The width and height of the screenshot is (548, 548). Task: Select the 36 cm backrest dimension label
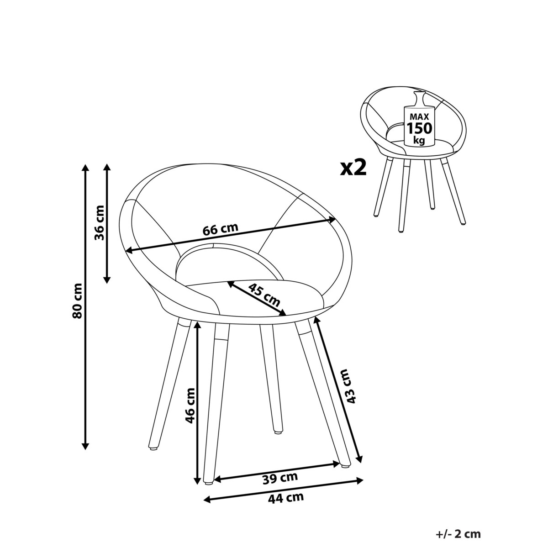click(x=99, y=223)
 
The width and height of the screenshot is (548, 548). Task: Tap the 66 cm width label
click(x=221, y=230)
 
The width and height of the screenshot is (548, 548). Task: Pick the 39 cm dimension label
click(x=280, y=478)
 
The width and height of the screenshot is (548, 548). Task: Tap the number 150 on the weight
click(x=420, y=128)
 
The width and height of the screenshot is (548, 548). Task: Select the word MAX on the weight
click(x=419, y=116)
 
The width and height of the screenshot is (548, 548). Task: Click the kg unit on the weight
click(x=420, y=140)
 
